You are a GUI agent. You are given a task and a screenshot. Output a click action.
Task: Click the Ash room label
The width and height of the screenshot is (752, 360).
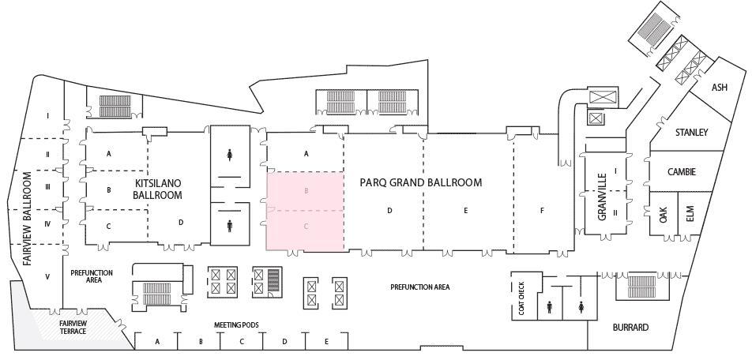click(x=719, y=88)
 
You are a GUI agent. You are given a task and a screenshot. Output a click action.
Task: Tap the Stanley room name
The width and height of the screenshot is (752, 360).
click(x=691, y=132)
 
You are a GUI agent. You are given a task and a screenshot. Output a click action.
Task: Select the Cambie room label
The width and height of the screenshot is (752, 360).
click(x=681, y=171)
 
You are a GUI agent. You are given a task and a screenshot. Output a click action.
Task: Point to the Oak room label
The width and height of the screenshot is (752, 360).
click(x=664, y=214)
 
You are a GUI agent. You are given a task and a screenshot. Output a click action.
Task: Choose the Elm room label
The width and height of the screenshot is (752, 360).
click(x=689, y=214)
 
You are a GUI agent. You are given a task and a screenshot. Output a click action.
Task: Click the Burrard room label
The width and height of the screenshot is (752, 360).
click(x=630, y=327)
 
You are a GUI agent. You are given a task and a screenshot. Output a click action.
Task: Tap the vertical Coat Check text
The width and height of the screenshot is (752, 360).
click(x=521, y=299)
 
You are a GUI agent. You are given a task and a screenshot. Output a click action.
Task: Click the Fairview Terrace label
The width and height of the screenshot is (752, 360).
click(x=73, y=327)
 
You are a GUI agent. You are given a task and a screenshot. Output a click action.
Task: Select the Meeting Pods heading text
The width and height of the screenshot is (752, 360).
click(x=236, y=324)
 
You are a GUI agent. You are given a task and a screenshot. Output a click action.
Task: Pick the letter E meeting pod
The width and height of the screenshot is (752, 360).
click(x=326, y=341)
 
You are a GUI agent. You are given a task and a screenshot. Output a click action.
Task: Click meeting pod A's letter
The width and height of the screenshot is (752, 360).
click(x=157, y=341)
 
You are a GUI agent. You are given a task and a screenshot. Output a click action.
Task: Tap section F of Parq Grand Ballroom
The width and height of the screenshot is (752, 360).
click(x=542, y=211)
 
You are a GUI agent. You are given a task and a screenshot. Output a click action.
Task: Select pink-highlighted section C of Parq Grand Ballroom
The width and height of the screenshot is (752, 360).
click(x=306, y=227)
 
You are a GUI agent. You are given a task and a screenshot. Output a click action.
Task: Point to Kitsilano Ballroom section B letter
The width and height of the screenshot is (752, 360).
click(x=109, y=189)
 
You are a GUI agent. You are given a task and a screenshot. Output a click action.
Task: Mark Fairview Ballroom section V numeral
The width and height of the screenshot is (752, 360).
click(x=47, y=276)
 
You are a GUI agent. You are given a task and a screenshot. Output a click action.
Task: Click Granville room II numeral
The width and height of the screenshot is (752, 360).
click(x=615, y=212)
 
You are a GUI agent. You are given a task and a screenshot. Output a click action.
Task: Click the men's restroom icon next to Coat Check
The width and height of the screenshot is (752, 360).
click(x=549, y=306)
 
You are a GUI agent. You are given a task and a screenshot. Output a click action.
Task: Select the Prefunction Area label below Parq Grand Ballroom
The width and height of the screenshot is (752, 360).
click(x=420, y=287)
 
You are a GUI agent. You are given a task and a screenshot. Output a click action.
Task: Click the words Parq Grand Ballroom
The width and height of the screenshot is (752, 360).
click(x=420, y=182)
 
